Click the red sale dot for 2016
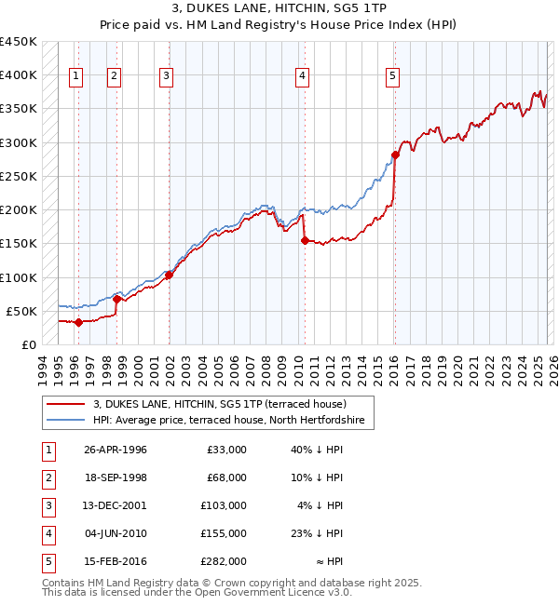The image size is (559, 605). tap(395, 155)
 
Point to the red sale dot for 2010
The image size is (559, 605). tap(305, 240)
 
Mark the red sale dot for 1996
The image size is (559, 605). tap(79, 323)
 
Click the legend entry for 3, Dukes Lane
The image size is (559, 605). tap(220, 405)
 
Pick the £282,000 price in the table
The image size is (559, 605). tap(225, 562)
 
